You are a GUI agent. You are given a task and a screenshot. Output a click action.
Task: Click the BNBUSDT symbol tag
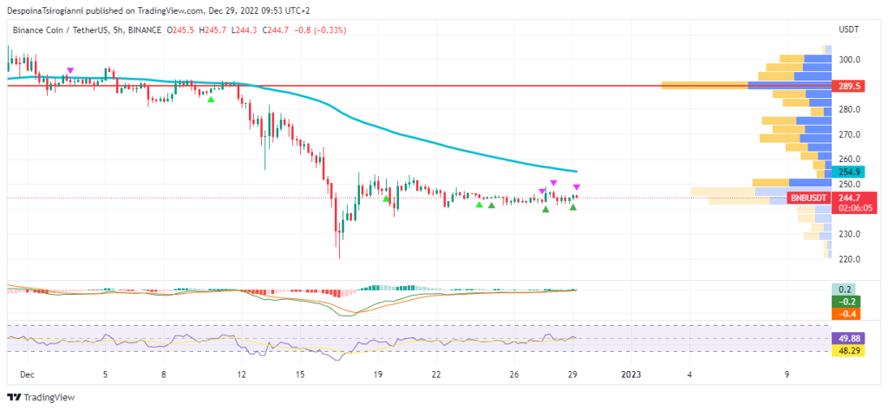[x=809, y=198]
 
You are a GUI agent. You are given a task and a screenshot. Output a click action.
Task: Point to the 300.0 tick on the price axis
[x=850, y=60]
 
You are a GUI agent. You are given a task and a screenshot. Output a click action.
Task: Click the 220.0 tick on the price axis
[x=850, y=259]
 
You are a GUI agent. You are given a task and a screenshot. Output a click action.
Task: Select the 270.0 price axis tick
[x=850, y=135]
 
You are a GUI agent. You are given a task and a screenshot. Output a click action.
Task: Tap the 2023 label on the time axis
[x=632, y=374]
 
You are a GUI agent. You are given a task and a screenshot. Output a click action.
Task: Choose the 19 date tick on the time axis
[x=377, y=374]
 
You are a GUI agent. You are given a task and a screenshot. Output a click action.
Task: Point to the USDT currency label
[x=849, y=29]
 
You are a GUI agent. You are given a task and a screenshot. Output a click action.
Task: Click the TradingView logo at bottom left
[x=42, y=397]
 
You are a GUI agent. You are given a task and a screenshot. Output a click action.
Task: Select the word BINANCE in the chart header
[x=142, y=29]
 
